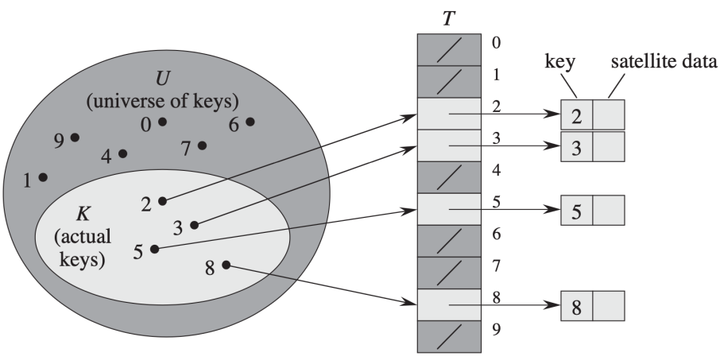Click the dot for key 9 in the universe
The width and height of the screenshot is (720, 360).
(75, 137)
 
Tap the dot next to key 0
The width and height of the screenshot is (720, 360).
(162, 122)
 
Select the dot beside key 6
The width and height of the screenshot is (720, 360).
(250, 122)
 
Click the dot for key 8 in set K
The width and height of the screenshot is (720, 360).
(226, 265)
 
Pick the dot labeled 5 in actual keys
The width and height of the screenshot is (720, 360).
(154, 249)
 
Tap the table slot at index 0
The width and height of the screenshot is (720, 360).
(450, 49)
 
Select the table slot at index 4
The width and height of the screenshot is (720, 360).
(450, 176)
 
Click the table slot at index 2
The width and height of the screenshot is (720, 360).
(450, 114)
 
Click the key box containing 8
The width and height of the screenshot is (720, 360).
(576, 305)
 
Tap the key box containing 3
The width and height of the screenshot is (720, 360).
(576, 146)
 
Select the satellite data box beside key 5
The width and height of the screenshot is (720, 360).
(609, 210)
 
